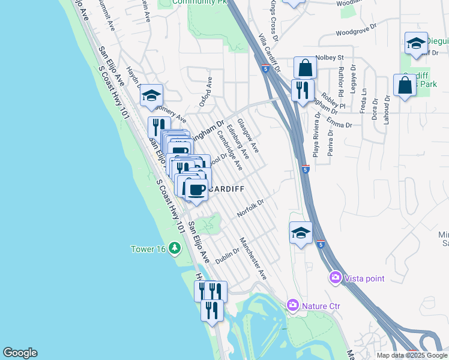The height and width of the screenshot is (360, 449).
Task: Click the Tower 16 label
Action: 149,249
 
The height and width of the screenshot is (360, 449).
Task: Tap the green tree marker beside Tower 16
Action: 175,248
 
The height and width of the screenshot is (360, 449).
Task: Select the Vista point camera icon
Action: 335,278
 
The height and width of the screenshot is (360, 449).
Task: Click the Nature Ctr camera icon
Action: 293,305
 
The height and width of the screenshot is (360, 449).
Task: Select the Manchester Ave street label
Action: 253,259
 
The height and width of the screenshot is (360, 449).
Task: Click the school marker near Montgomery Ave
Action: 152,95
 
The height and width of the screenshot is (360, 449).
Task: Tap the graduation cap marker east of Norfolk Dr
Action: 301,232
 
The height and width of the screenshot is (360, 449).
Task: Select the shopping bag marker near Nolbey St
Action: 305,67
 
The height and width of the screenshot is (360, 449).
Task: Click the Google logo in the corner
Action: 20,353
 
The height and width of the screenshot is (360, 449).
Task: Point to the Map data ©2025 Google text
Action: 411,355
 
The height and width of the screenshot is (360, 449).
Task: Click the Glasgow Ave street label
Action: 247,134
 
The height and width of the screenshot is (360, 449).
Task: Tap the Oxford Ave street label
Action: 206,89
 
